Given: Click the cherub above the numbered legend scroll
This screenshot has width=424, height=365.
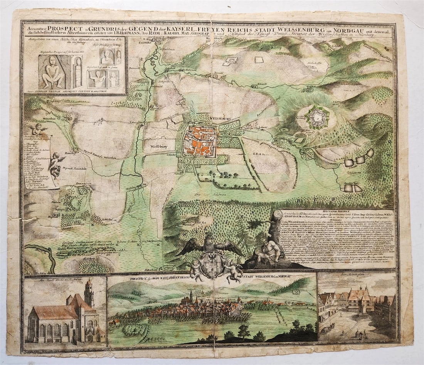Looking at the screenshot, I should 38,130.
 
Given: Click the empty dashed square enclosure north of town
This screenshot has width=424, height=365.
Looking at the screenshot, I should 259,59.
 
